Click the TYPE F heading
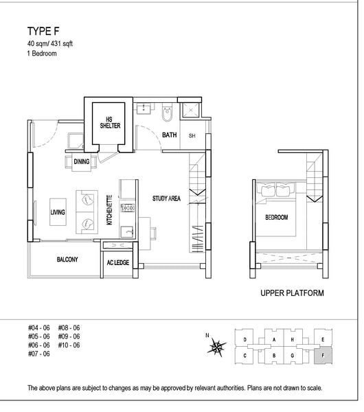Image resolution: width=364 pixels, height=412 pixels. (x=43, y=32)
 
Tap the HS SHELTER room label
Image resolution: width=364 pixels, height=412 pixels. (x=110, y=123)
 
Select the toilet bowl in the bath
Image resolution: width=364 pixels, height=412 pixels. (x=167, y=113)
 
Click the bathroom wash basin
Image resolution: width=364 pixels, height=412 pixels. (x=144, y=108)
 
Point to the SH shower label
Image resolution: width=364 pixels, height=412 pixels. (x=192, y=136)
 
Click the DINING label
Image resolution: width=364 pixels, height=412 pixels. (x=82, y=161)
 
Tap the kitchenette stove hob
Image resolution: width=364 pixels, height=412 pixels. (x=128, y=208)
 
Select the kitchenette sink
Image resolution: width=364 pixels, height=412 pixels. (x=127, y=232)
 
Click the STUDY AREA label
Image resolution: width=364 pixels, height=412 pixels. (x=166, y=198)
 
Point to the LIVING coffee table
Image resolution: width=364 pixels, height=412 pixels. (x=58, y=211)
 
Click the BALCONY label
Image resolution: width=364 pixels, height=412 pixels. (x=67, y=260)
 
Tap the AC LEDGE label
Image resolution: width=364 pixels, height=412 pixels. (x=118, y=262)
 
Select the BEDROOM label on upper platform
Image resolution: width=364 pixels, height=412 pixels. (x=277, y=217)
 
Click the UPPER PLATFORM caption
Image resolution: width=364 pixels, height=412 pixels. (x=292, y=293)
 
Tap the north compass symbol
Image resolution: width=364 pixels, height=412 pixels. (x=216, y=347)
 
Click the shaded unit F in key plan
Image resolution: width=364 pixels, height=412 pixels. (x=323, y=356)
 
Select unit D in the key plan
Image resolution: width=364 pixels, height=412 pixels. (x=244, y=339)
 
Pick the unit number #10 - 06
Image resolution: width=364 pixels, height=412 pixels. (x=69, y=345)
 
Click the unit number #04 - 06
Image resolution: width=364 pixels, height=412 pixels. (x=39, y=328)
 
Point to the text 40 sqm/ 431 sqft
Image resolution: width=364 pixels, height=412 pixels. (x=50, y=44)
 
